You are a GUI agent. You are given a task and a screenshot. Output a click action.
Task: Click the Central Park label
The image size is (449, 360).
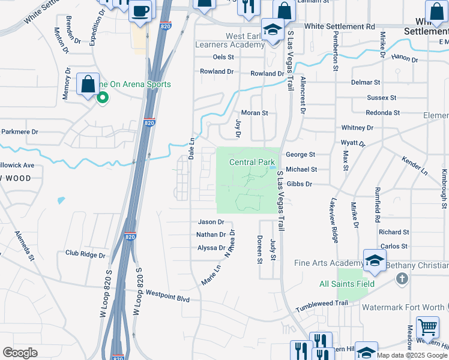tap(252, 162)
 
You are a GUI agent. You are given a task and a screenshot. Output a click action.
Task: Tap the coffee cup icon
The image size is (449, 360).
tap(141, 11)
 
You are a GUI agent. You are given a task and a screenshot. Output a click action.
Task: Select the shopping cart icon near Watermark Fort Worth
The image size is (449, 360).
tap(427, 328)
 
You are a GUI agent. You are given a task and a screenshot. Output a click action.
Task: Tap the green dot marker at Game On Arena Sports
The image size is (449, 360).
tap(103, 97)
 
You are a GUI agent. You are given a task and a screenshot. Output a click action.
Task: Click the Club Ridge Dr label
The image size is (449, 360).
tap(85, 254)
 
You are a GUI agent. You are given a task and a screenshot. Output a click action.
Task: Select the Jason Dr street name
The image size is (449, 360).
tap(211, 222)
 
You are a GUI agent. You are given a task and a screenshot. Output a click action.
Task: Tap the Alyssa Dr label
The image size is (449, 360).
tap(211, 248)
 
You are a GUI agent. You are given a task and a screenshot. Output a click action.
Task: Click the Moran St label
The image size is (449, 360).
tap(254, 113)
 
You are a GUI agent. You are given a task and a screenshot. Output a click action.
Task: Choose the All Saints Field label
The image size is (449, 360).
tap(347, 284)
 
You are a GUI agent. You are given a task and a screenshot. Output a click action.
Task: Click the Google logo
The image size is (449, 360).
tap(20, 353)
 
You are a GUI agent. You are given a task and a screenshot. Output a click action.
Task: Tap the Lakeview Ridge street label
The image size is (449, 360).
tap(334, 222)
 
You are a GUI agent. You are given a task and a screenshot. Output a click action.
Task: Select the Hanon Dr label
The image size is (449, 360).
tap(404, 59)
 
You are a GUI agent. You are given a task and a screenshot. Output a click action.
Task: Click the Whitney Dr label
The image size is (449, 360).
tap(357, 128)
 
